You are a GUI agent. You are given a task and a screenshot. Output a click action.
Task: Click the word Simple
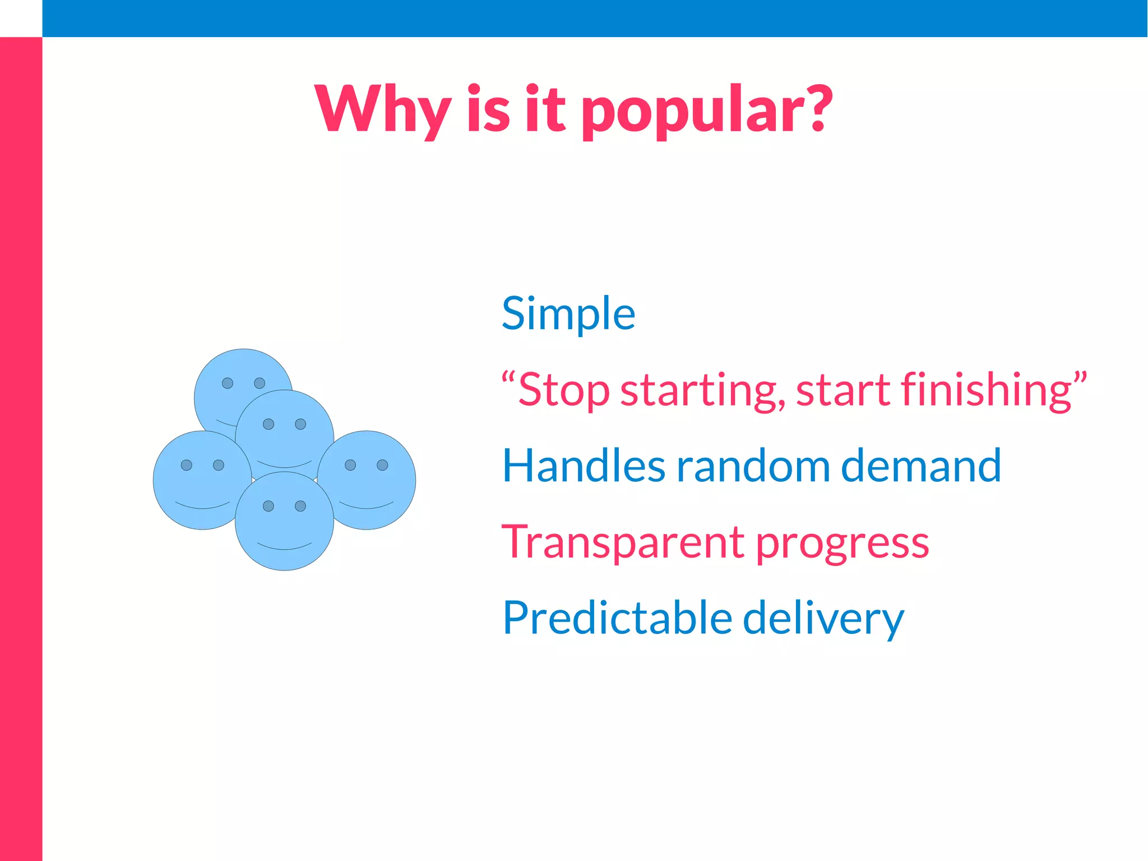coord(568,314)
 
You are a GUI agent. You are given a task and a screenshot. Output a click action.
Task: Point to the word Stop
coord(563,390)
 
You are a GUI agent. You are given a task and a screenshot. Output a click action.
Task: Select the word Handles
coord(583,466)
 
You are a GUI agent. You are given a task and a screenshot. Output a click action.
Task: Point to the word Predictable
coord(617,618)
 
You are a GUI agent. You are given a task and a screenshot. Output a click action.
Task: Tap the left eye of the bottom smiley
coord(269,506)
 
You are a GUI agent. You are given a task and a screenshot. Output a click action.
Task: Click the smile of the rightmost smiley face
coord(367,505)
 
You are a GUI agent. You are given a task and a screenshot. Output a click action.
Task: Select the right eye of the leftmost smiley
coord(219,465)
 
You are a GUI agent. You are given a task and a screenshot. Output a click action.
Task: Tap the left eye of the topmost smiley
coord(228,383)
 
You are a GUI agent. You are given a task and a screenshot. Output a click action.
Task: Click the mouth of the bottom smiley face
coord(284,546)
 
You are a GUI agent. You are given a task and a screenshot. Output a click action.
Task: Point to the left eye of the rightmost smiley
coord(350,465)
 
